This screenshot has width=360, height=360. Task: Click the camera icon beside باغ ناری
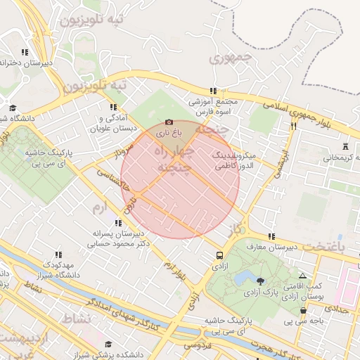coord(169,122)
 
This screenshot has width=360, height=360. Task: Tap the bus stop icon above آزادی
coord(220,256)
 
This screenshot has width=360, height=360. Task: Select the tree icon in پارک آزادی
coord(261,281)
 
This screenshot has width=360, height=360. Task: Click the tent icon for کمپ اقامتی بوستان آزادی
coord(303,276)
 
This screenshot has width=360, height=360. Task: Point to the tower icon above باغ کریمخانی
coord(345,147)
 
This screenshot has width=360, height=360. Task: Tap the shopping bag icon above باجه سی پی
coord(303,311)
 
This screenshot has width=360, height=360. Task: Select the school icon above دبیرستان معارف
coord(271,236)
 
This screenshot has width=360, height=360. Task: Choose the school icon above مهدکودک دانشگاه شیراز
coord(58,255)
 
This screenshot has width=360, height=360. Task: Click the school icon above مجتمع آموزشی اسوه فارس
coord(212,91)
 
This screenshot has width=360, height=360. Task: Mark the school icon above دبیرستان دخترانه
coord(25,52)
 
